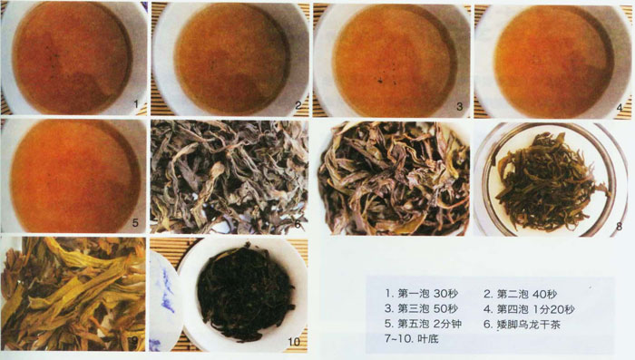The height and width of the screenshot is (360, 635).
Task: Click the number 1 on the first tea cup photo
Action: coord(136,104)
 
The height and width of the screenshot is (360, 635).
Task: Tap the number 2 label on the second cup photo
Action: coord(298,105)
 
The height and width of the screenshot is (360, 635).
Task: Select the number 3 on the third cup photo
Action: coord(459,106)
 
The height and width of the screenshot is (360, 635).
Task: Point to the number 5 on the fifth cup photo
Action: coord(135,222)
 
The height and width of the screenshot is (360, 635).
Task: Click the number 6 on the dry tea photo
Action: coord(298,223)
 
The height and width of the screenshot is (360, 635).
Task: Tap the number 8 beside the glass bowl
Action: coord(619,226)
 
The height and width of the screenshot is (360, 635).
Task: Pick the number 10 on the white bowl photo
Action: coord(294,342)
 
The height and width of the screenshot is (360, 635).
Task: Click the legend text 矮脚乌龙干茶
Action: coord(529,324)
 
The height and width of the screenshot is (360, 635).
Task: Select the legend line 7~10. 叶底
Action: coord(412,338)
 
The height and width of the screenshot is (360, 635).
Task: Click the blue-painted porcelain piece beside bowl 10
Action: coord(165,300)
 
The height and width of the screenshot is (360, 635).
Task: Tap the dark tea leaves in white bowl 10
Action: coord(246,292)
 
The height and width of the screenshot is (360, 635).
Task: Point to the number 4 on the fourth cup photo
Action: coord(620,108)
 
